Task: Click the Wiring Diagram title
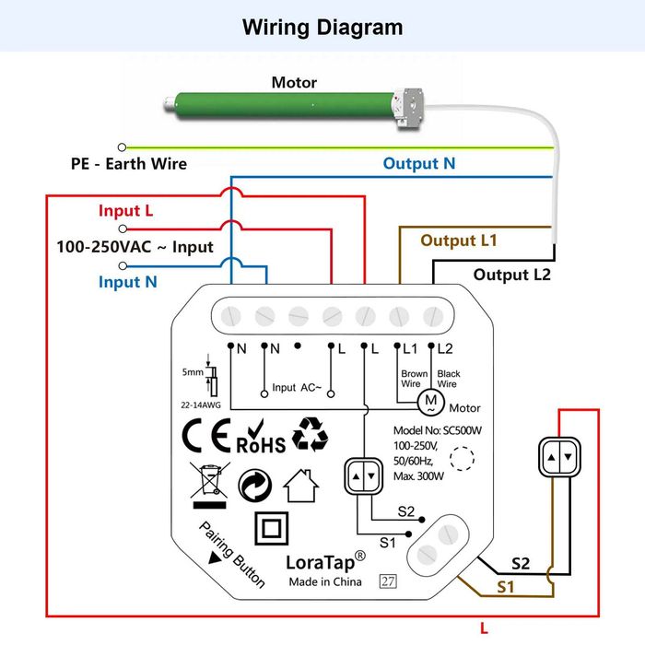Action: click(x=322, y=28)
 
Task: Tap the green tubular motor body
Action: click(x=285, y=105)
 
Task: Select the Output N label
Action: click(x=418, y=164)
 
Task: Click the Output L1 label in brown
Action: click(x=459, y=240)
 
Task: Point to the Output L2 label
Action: click(x=511, y=275)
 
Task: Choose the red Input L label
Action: click(x=126, y=211)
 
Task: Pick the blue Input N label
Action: click(x=127, y=282)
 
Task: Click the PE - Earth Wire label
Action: click(x=129, y=164)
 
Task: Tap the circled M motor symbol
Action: click(x=430, y=402)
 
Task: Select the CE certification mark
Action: click(x=206, y=435)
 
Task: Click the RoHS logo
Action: click(x=261, y=437)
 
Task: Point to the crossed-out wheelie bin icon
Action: click(x=210, y=486)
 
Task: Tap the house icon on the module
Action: click(x=301, y=486)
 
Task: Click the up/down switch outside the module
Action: click(x=560, y=457)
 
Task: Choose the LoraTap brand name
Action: click(x=320, y=562)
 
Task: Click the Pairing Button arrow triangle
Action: click(x=215, y=558)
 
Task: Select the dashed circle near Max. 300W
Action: click(x=462, y=458)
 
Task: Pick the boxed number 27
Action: click(x=388, y=581)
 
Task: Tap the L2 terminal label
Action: click(x=445, y=349)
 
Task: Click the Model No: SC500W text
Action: click(x=438, y=430)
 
